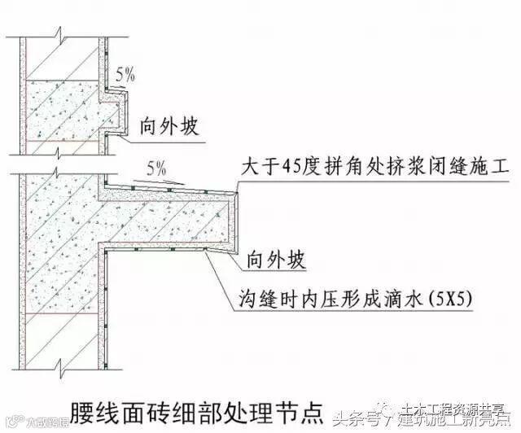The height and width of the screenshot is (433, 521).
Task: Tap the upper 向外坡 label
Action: tap(172, 127)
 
